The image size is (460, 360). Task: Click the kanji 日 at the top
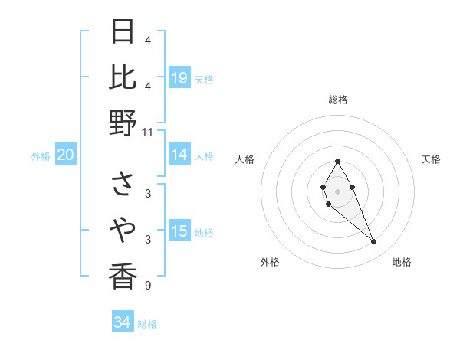[x=123, y=31]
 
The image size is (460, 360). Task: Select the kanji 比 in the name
[x=123, y=77]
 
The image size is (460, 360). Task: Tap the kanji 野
[x=123, y=122]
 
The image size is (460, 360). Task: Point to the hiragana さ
[x=123, y=184]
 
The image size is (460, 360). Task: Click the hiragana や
[x=123, y=228]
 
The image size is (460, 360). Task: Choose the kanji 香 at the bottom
[x=123, y=275]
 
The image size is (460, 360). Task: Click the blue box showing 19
[x=179, y=78]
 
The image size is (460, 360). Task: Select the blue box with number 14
[x=179, y=155]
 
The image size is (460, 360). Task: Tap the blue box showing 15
[x=179, y=232]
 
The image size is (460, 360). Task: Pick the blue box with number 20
[x=66, y=155]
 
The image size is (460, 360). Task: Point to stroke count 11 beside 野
[x=148, y=132]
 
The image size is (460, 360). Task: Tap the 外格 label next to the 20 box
[x=41, y=156]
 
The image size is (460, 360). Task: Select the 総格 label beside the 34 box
[x=147, y=324]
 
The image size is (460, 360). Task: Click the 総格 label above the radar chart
[x=337, y=100]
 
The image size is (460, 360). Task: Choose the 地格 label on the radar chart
[x=402, y=262]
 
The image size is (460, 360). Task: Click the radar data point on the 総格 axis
[x=337, y=161]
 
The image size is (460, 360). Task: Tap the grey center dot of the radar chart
[x=337, y=190]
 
